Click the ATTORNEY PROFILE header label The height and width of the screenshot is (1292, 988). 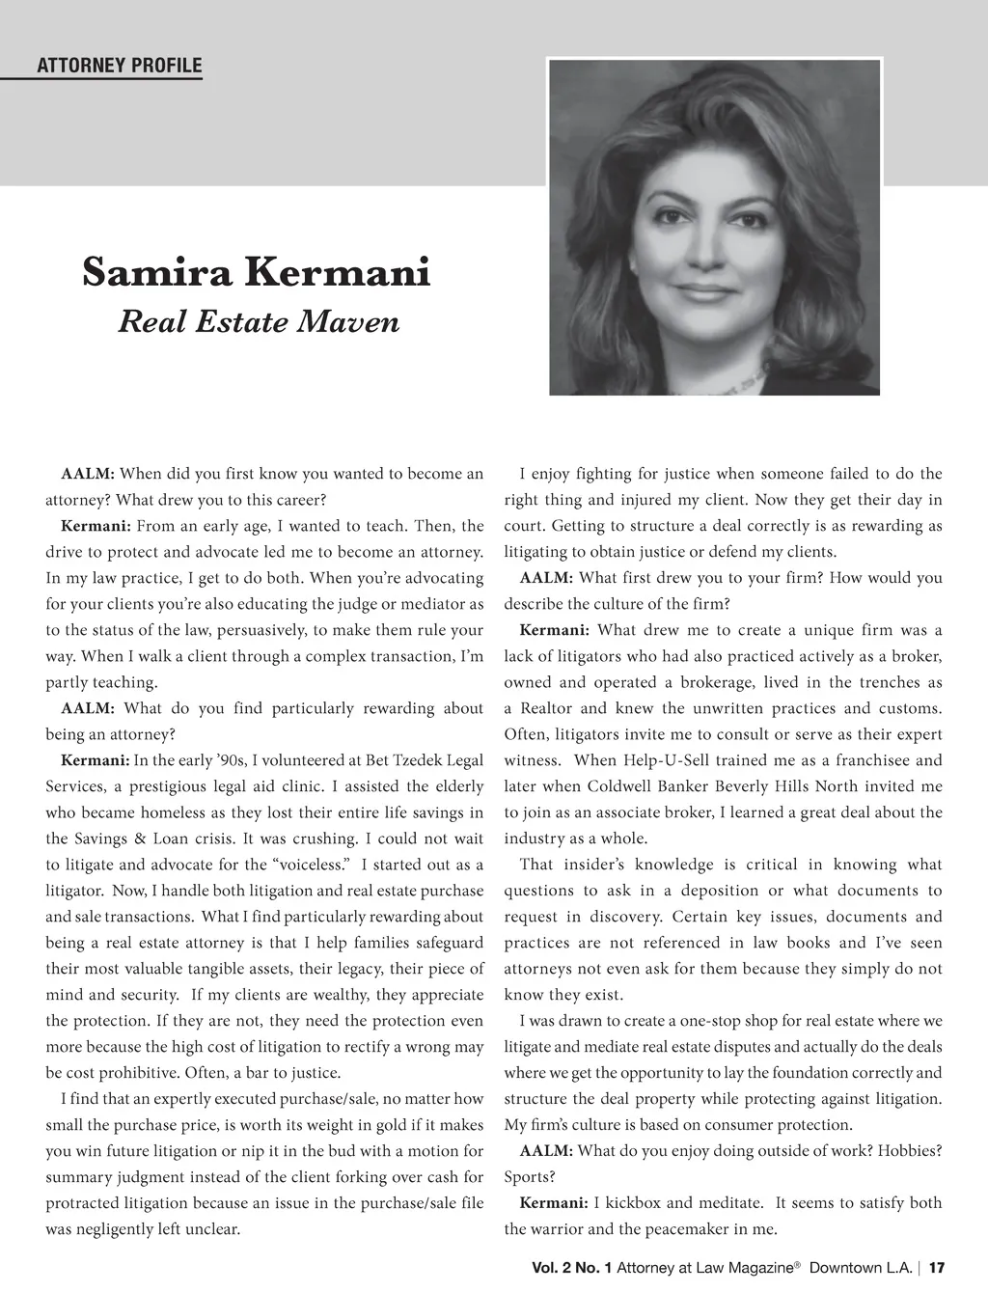coord(119,66)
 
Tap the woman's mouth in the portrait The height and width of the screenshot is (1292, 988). coord(713,289)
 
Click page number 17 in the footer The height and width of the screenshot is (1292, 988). coord(937,1268)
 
